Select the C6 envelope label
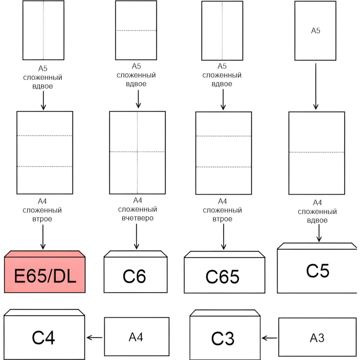134,276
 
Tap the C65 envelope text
222,277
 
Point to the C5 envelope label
318,271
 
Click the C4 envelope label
44,338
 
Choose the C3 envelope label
223,338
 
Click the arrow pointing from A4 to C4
95,338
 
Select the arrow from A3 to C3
270,338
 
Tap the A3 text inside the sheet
317,338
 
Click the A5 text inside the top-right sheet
315,31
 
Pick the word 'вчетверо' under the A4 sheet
137,218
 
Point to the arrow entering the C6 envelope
136,236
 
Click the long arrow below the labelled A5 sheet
316,86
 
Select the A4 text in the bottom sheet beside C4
136,337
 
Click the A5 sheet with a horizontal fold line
136,30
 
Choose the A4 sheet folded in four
137,152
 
